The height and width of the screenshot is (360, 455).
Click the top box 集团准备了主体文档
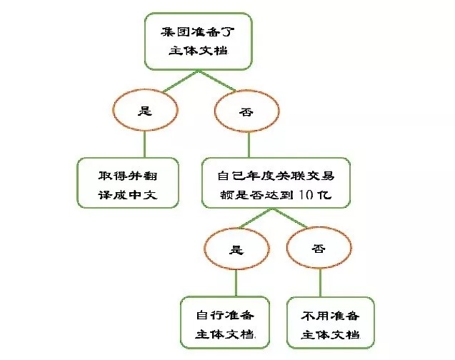(199, 41)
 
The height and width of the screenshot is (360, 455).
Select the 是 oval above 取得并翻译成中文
(145, 110)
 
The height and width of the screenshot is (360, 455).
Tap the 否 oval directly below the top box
(246, 111)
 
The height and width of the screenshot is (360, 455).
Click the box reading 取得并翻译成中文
(128, 183)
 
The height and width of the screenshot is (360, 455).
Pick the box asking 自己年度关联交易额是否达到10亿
(276, 183)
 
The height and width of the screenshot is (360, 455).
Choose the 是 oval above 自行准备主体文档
(237, 249)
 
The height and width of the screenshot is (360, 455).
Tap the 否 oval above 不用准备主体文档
(319, 248)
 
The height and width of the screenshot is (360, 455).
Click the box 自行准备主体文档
(225, 322)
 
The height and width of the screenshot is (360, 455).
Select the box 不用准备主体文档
(330, 323)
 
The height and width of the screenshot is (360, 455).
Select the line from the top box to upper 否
(217, 81)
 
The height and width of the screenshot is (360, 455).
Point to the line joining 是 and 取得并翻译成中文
(144, 144)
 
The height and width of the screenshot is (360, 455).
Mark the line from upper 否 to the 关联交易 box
(249, 145)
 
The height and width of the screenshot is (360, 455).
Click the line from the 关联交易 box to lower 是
(256, 218)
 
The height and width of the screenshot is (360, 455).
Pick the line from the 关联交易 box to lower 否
(289, 218)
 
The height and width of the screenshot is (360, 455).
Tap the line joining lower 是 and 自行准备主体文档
(236, 283)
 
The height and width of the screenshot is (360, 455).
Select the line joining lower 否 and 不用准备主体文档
(320, 283)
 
